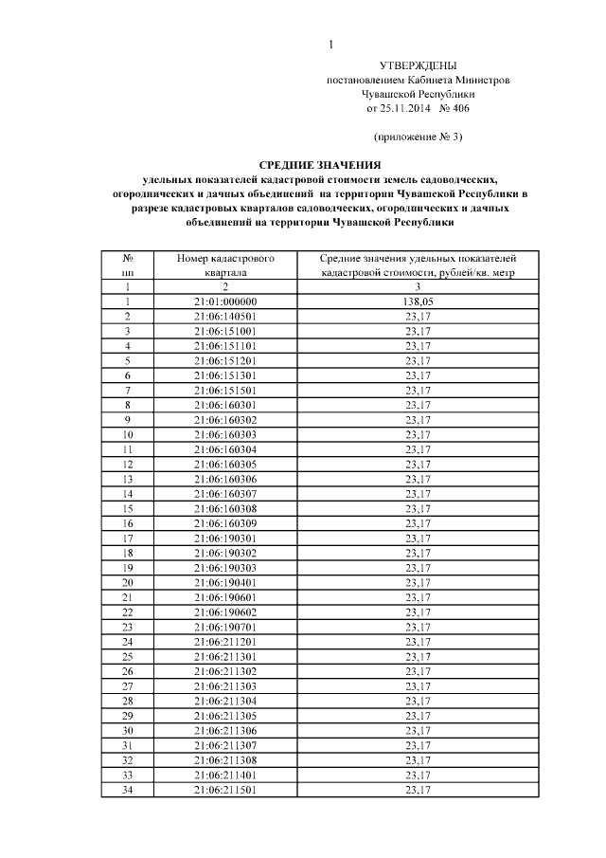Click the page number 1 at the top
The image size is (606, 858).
pos(330,45)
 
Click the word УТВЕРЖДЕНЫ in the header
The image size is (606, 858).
pos(418,66)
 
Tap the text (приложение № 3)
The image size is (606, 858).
pos(418,137)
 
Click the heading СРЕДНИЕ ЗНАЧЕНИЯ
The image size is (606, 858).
pos(319,164)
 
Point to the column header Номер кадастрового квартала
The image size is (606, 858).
pos(225,265)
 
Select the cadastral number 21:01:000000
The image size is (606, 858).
pos(225,301)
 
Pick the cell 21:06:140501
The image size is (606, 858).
pos(225,316)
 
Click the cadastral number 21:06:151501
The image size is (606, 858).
pos(225,391)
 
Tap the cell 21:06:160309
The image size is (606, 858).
pos(225,523)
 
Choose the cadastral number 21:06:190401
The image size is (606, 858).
pos(225,582)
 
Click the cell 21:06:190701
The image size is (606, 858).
pos(225,627)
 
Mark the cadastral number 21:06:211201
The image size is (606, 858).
pos(225,642)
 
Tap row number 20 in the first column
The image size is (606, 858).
pos(127,582)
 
